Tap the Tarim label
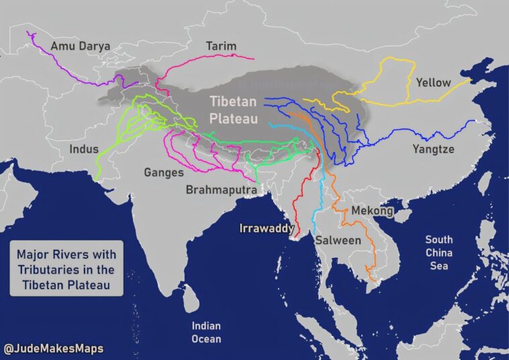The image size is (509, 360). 221,46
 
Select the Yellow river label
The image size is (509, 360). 433,83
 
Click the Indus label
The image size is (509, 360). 84,148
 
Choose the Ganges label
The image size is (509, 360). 164,172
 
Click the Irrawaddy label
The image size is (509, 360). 267,229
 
